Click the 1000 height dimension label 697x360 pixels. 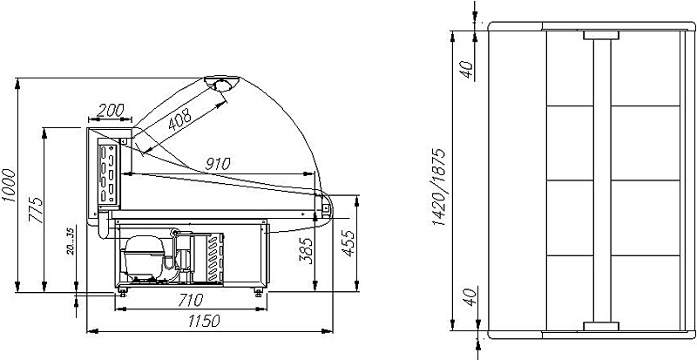[10, 185]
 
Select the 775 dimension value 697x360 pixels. [36, 209]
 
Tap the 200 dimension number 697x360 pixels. [110, 110]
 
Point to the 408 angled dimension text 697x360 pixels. [179, 119]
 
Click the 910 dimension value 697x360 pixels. [218, 164]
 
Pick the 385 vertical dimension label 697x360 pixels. [307, 250]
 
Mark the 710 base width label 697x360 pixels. [190, 301]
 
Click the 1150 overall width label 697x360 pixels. [204, 321]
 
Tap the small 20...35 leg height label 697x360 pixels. [71, 241]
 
